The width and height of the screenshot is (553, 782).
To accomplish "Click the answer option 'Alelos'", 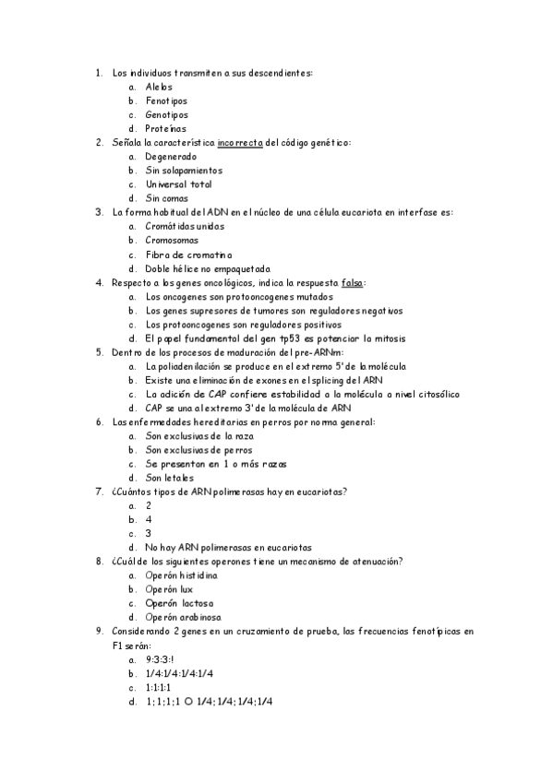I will (x=159, y=87).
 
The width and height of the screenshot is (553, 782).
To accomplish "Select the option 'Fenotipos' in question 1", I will (x=166, y=101).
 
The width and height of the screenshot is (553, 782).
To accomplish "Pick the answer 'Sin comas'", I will (x=167, y=198).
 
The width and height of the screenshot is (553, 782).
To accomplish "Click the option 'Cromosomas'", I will (x=172, y=240).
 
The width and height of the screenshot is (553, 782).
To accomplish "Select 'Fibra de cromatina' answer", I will (x=188, y=255).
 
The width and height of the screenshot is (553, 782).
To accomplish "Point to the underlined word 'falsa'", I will (x=352, y=282).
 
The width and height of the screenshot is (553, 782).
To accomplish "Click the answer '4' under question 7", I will (x=149, y=519).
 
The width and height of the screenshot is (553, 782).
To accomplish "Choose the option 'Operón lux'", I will (x=169, y=589).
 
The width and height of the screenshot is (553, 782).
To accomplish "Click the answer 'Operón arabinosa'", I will (x=183, y=617).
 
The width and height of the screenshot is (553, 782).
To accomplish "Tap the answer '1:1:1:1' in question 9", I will (x=158, y=687).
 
